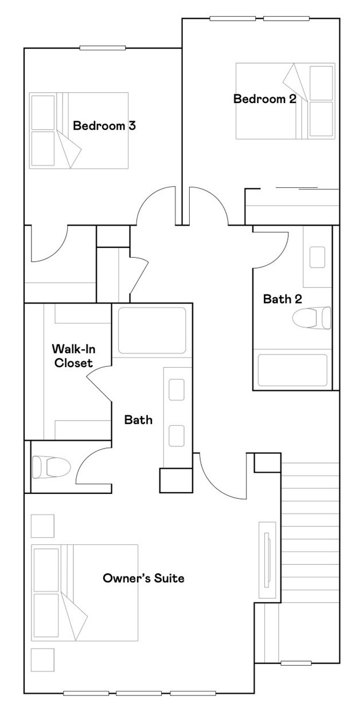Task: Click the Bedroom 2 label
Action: [264, 99]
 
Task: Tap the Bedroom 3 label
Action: [104, 125]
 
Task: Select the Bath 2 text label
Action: [282, 298]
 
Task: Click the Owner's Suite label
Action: [143, 578]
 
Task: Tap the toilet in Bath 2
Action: [312, 318]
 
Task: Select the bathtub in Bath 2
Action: [292, 370]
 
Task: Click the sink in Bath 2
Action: [318, 257]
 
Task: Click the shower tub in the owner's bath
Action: [152, 331]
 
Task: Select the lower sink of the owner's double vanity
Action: [177, 435]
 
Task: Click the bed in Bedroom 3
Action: [79, 131]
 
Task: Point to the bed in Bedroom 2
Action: [285, 101]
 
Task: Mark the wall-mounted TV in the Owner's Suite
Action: [267, 560]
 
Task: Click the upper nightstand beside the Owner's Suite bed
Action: [42, 526]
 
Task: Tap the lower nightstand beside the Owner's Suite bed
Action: [42, 659]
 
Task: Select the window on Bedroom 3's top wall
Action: [95, 48]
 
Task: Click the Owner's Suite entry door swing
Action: [218, 476]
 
